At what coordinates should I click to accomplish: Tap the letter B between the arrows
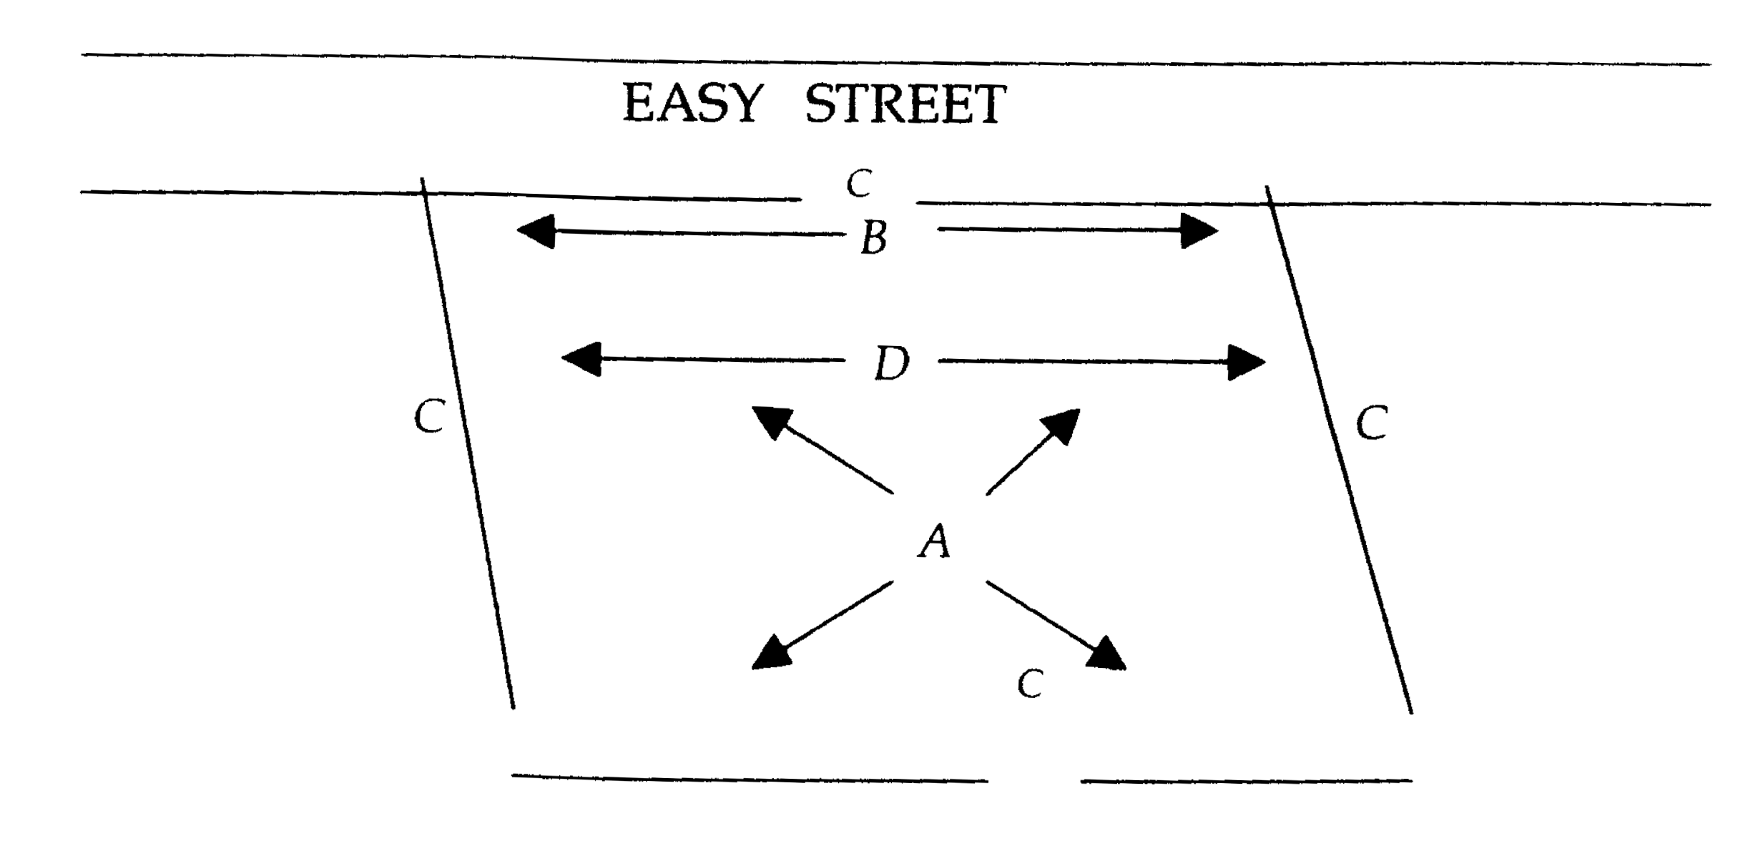(x=874, y=237)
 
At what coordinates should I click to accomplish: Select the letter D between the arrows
(x=892, y=364)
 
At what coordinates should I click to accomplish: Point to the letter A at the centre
(x=935, y=541)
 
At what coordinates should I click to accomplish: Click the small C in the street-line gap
(x=859, y=184)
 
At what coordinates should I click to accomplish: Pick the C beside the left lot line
(x=429, y=416)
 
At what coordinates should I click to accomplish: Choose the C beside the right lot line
(x=1371, y=423)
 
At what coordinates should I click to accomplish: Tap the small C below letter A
(x=1030, y=684)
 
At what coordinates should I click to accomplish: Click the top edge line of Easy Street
(x=894, y=60)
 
